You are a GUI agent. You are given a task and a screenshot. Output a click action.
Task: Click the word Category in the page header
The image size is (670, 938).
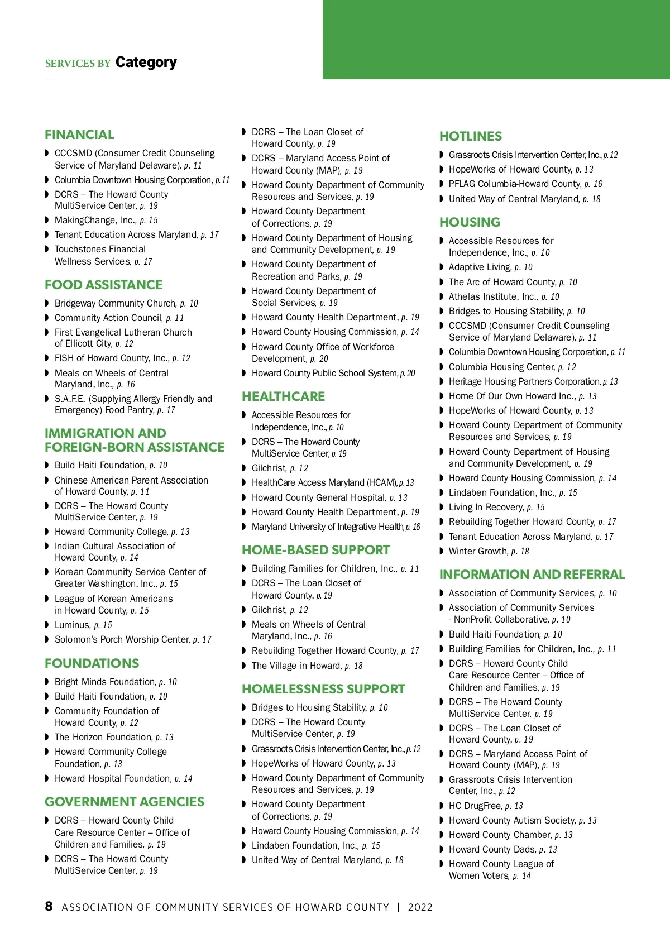(146, 62)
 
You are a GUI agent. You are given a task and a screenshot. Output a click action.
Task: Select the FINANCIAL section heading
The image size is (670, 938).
(79, 135)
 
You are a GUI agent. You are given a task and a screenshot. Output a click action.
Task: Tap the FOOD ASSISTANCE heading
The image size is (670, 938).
(103, 285)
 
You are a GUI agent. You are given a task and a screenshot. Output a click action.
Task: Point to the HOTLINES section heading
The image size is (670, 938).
(470, 136)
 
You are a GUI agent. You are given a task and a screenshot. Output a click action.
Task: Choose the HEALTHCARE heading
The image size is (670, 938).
(283, 396)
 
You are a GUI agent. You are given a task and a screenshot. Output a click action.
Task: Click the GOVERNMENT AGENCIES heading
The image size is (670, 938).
(125, 802)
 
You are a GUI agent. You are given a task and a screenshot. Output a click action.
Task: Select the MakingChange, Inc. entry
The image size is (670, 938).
(106, 221)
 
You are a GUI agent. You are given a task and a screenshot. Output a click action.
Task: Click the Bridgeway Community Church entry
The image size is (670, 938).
(126, 304)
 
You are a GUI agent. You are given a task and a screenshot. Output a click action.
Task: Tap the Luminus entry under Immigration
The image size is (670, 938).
(83, 625)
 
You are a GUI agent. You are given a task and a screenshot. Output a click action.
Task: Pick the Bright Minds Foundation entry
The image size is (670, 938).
(115, 682)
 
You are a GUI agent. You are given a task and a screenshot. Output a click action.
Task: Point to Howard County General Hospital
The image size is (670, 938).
(329, 498)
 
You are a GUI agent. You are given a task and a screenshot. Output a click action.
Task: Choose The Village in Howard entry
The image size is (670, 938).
(307, 666)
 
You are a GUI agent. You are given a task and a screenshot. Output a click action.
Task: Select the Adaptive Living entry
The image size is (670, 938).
(490, 267)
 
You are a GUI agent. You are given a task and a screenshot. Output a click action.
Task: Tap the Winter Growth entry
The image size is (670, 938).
(488, 552)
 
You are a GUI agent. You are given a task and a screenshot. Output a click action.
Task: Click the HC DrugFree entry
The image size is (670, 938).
(485, 806)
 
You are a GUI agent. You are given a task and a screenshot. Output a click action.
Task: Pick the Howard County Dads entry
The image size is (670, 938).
(502, 850)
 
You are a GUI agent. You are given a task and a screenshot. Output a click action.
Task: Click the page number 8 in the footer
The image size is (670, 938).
(49, 906)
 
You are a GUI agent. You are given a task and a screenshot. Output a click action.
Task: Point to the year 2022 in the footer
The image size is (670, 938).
(420, 907)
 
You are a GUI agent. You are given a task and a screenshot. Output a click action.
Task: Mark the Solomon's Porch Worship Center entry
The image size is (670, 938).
(132, 640)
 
